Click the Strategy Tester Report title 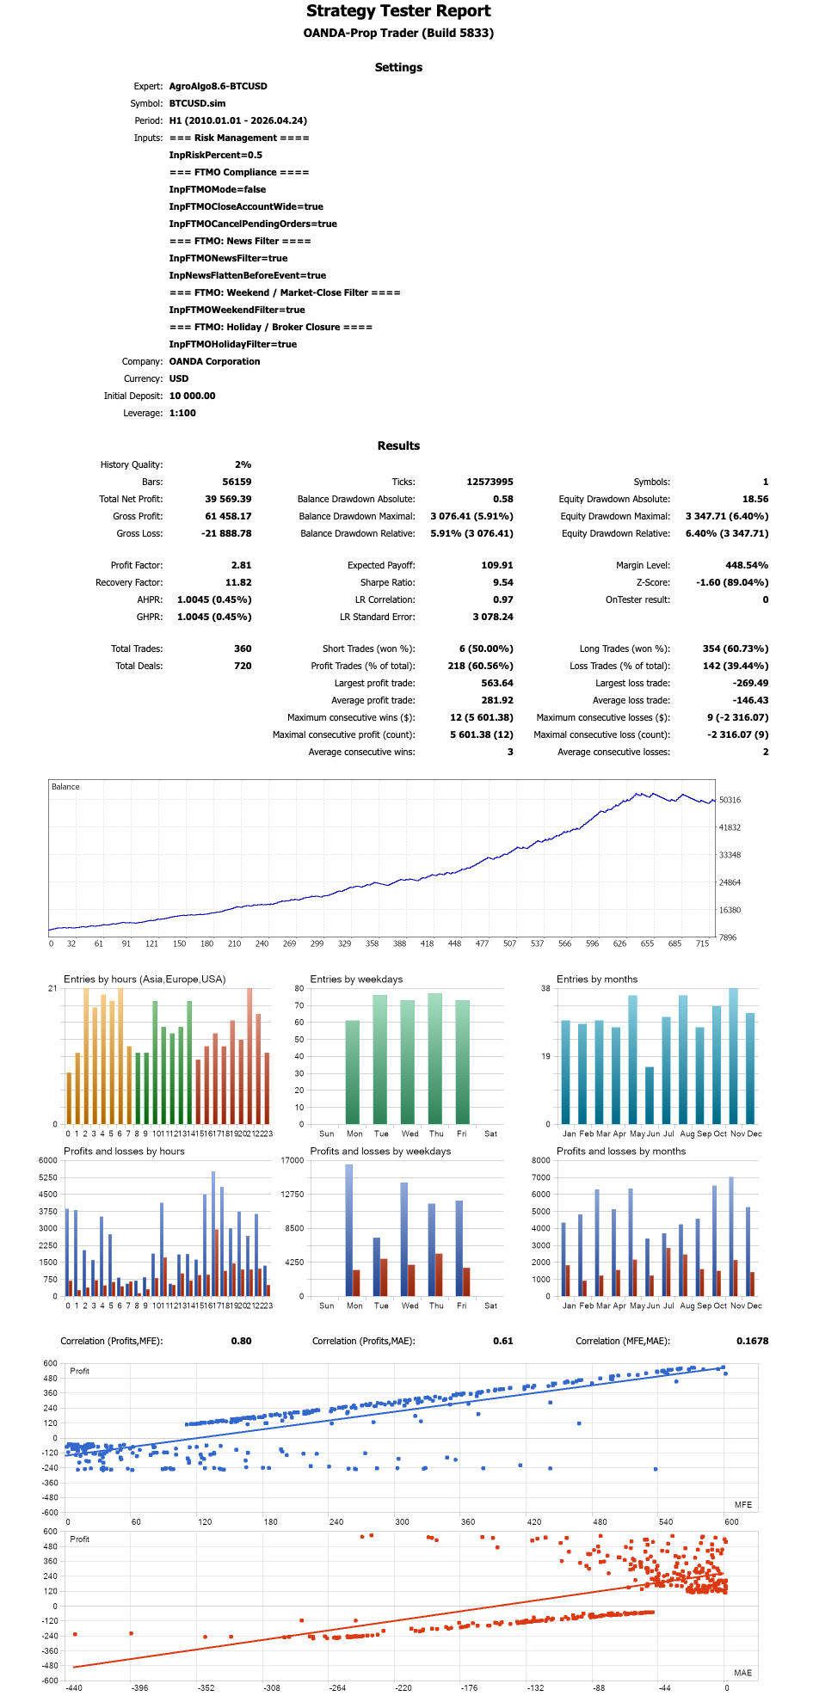[398, 11]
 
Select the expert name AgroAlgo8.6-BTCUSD [218, 86]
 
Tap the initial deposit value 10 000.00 [192, 396]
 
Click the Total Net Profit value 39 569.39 [228, 499]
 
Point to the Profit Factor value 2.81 [241, 565]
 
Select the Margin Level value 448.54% [747, 565]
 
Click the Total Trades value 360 [243, 648]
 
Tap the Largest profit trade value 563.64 [497, 683]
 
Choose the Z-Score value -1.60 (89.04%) [732, 582]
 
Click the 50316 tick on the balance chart [730, 800]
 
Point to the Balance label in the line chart [65, 787]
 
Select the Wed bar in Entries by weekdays [408, 1062]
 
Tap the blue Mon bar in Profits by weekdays [349, 1230]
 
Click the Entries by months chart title [597, 979]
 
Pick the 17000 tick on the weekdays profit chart [293, 1160]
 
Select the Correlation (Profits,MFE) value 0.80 [241, 1341]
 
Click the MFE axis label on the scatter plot [743, 1504]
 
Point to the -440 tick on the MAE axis [74, 1687]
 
